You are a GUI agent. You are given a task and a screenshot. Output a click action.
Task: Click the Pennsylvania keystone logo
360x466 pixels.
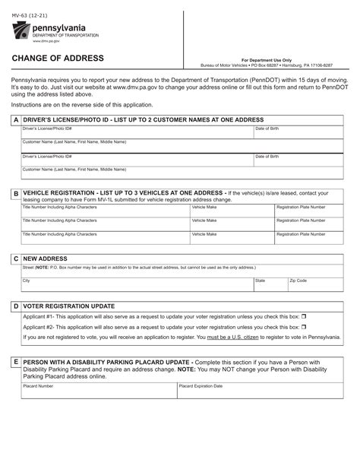coord(21,32)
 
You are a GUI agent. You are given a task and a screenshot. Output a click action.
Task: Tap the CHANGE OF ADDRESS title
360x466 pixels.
coord(58,59)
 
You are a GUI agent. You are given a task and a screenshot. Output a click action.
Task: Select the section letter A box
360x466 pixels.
coord(16,120)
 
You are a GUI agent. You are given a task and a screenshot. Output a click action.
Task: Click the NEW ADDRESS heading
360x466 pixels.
coord(46,258)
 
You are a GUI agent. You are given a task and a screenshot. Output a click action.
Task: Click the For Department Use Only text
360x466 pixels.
coord(266,60)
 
